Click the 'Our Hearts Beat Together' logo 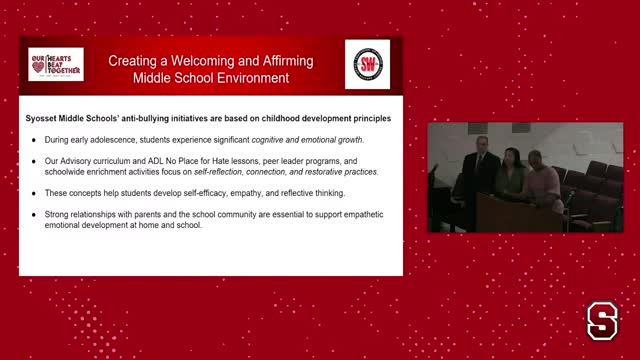coord(55,64)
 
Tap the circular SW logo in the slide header coord(367,64)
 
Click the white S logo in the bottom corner coord(601,322)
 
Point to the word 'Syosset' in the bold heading coord(44,118)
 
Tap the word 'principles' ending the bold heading coord(368,118)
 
